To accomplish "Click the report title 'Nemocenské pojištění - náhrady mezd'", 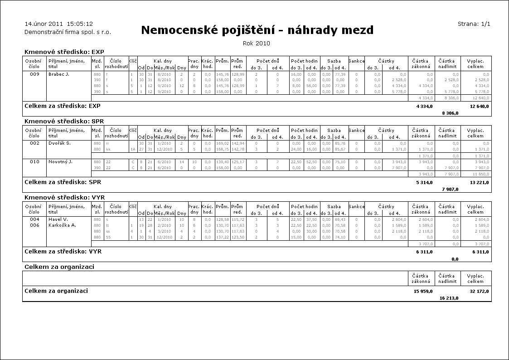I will tap(257, 30).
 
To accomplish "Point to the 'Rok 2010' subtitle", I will tap(257, 44).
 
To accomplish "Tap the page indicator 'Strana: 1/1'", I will tap(474, 24).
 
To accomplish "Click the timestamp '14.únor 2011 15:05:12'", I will tap(58, 24).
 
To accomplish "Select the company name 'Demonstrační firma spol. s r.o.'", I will tap(68, 32).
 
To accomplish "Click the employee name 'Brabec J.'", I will tap(58, 74).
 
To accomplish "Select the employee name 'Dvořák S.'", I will tap(59, 143).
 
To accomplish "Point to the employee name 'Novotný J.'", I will tap(60, 162).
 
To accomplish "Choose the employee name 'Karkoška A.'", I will tap(62, 225).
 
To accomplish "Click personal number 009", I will tap(35, 74).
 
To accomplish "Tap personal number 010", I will tap(35, 162).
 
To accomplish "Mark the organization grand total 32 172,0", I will tap(479, 291).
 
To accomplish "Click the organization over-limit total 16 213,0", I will tap(449, 298).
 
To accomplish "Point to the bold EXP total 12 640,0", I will tap(479, 106).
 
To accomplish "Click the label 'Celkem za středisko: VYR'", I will tap(62, 251).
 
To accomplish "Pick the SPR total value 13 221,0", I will tap(479, 182).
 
